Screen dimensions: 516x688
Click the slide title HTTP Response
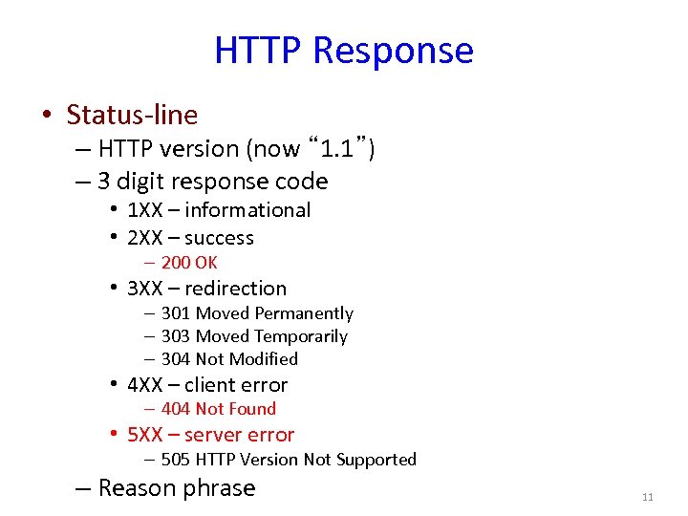click(343, 50)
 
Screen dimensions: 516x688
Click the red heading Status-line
click(132, 116)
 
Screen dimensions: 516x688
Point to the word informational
click(247, 210)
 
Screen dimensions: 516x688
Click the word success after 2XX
click(219, 238)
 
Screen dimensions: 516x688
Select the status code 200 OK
click(188, 263)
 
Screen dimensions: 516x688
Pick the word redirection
click(235, 289)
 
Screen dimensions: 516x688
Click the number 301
click(176, 313)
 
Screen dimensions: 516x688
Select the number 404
click(176, 409)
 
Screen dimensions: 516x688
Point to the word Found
click(251, 409)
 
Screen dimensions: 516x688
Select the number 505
click(176, 460)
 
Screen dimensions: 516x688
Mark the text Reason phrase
click(177, 488)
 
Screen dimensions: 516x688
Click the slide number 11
click(647, 498)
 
